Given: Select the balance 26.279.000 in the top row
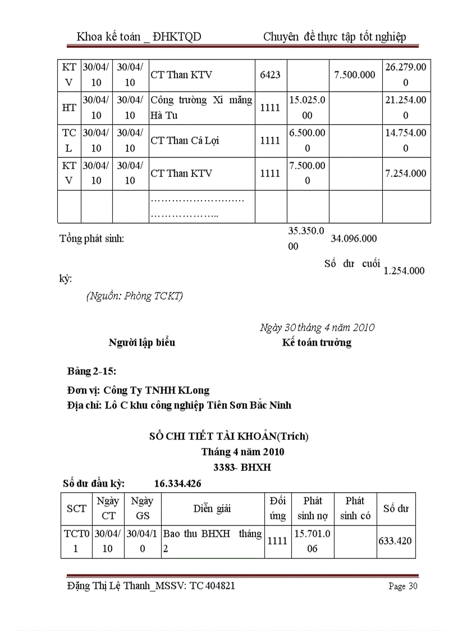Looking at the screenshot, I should [x=406, y=75].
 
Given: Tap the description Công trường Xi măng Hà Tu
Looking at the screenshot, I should [x=201, y=108].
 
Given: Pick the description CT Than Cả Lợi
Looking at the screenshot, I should [x=180, y=140].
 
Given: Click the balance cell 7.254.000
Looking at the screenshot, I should [x=405, y=174].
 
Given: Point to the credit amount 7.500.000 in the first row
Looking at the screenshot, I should [x=355, y=75].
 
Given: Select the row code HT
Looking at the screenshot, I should [x=69, y=108].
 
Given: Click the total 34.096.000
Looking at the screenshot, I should [x=354, y=239].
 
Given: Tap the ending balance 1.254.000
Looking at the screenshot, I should [x=404, y=271].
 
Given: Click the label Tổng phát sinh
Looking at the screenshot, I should [x=92, y=238].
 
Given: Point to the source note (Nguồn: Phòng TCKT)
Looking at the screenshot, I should [x=135, y=296].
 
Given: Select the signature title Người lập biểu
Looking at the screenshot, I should [x=142, y=342].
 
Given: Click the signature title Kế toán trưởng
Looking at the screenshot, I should [x=317, y=342].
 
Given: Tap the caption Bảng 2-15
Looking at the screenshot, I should [x=91, y=371].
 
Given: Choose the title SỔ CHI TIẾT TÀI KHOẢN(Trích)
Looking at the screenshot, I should [x=229, y=435].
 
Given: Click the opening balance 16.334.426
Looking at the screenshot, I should [x=177, y=483].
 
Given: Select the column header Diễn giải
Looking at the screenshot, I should [x=212, y=509].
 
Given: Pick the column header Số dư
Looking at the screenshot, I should [x=396, y=509].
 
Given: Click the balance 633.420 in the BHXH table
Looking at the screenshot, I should [x=396, y=541].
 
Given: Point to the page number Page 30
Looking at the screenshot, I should [x=403, y=587].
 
